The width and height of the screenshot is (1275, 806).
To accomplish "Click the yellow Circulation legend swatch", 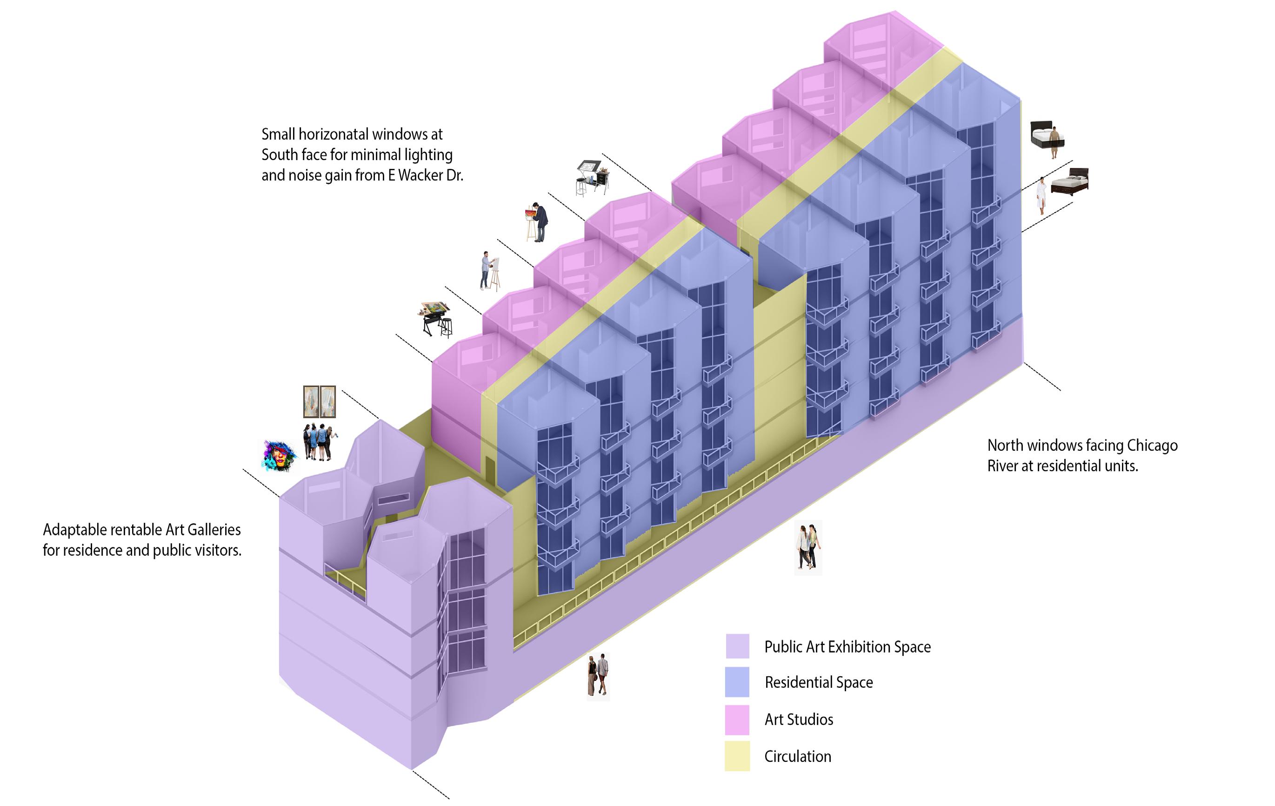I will (x=737, y=756).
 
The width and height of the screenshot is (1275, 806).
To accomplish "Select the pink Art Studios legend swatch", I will (x=737, y=719).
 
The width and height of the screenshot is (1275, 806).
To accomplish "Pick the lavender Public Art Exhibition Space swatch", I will (x=737, y=646).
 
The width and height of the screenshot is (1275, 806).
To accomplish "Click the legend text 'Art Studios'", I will (x=799, y=719).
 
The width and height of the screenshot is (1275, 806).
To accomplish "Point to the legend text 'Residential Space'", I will (x=819, y=682).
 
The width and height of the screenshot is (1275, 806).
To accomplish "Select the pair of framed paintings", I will (x=319, y=402).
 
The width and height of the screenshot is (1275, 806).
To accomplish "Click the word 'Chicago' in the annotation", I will (x=1152, y=446).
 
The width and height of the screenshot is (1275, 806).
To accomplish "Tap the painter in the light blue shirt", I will (x=486, y=270).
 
